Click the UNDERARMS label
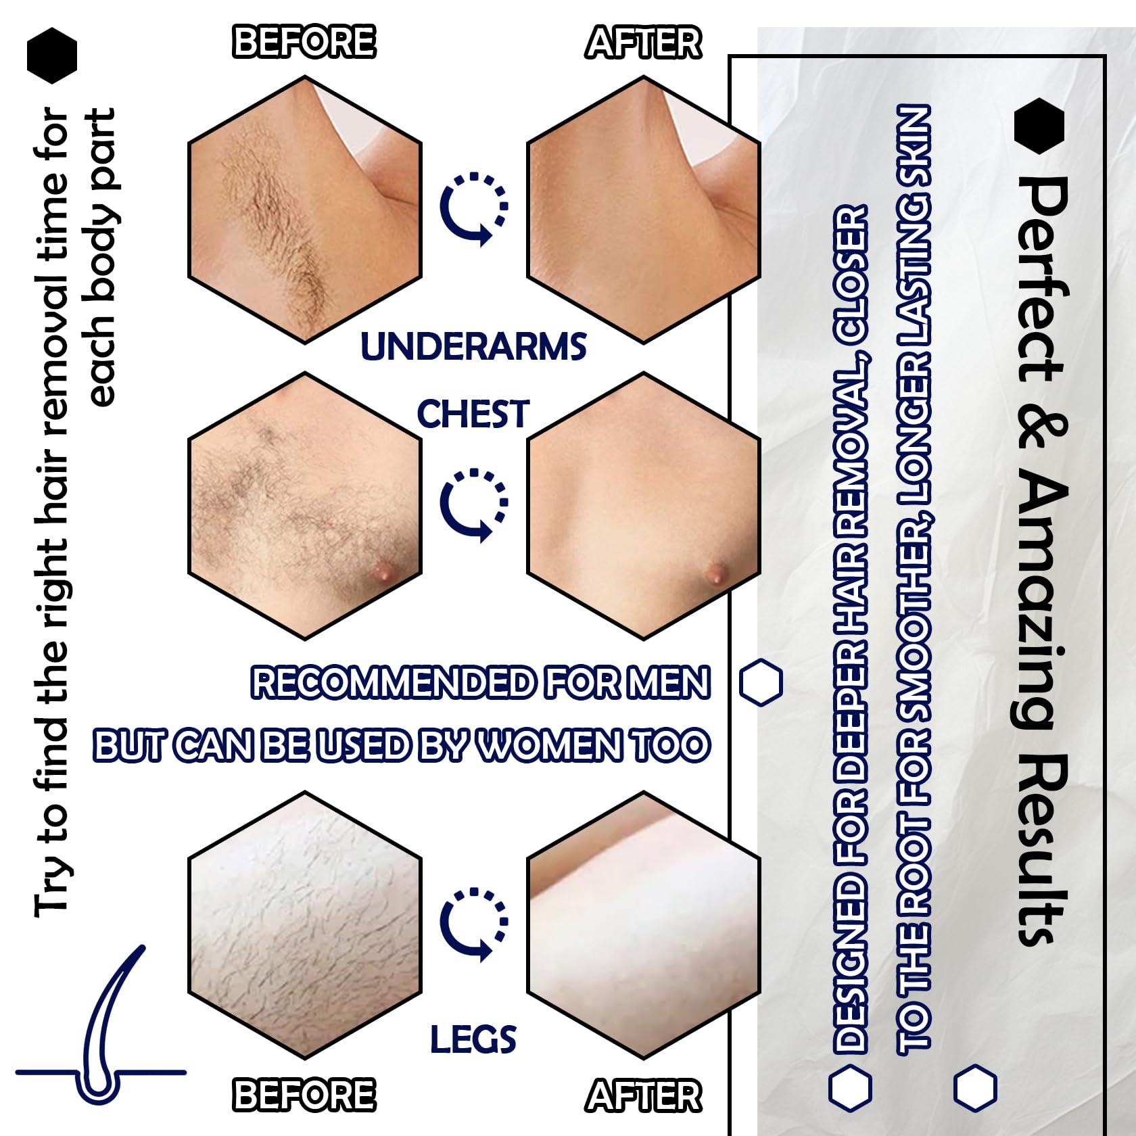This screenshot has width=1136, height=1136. (473, 346)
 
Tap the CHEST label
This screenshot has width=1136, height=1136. (473, 414)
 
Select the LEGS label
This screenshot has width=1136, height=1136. (473, 1039)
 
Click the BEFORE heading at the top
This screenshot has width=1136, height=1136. (304, 42)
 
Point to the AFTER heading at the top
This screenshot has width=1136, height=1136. (643, 42)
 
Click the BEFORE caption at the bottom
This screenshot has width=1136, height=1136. (304, 1095)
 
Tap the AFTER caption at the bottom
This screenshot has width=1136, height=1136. (643, 1095)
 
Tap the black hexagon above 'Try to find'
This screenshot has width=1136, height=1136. (52, 55)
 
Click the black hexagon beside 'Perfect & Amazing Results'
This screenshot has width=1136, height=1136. (1039, 126)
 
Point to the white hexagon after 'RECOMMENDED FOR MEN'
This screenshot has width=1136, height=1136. (761, 682)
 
